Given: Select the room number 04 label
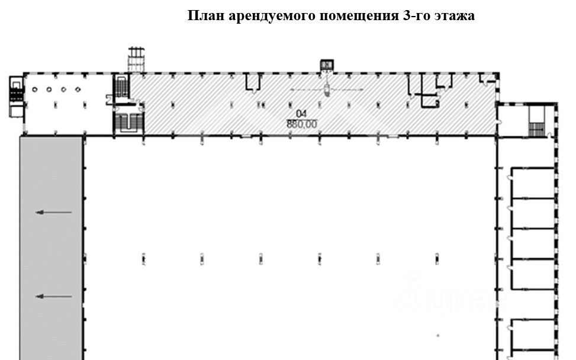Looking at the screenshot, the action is [301, 115].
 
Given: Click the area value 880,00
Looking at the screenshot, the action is [301, 124].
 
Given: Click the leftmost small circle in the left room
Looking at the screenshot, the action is [35, 89].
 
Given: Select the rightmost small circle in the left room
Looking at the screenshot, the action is [78, 89].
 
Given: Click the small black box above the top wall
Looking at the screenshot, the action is [326, 65].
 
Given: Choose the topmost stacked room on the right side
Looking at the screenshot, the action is [533, 183].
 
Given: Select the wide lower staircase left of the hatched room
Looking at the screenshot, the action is [127, 122].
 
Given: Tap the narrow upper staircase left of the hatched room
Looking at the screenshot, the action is [122, 86].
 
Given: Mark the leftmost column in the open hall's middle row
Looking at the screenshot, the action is [144, 258].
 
